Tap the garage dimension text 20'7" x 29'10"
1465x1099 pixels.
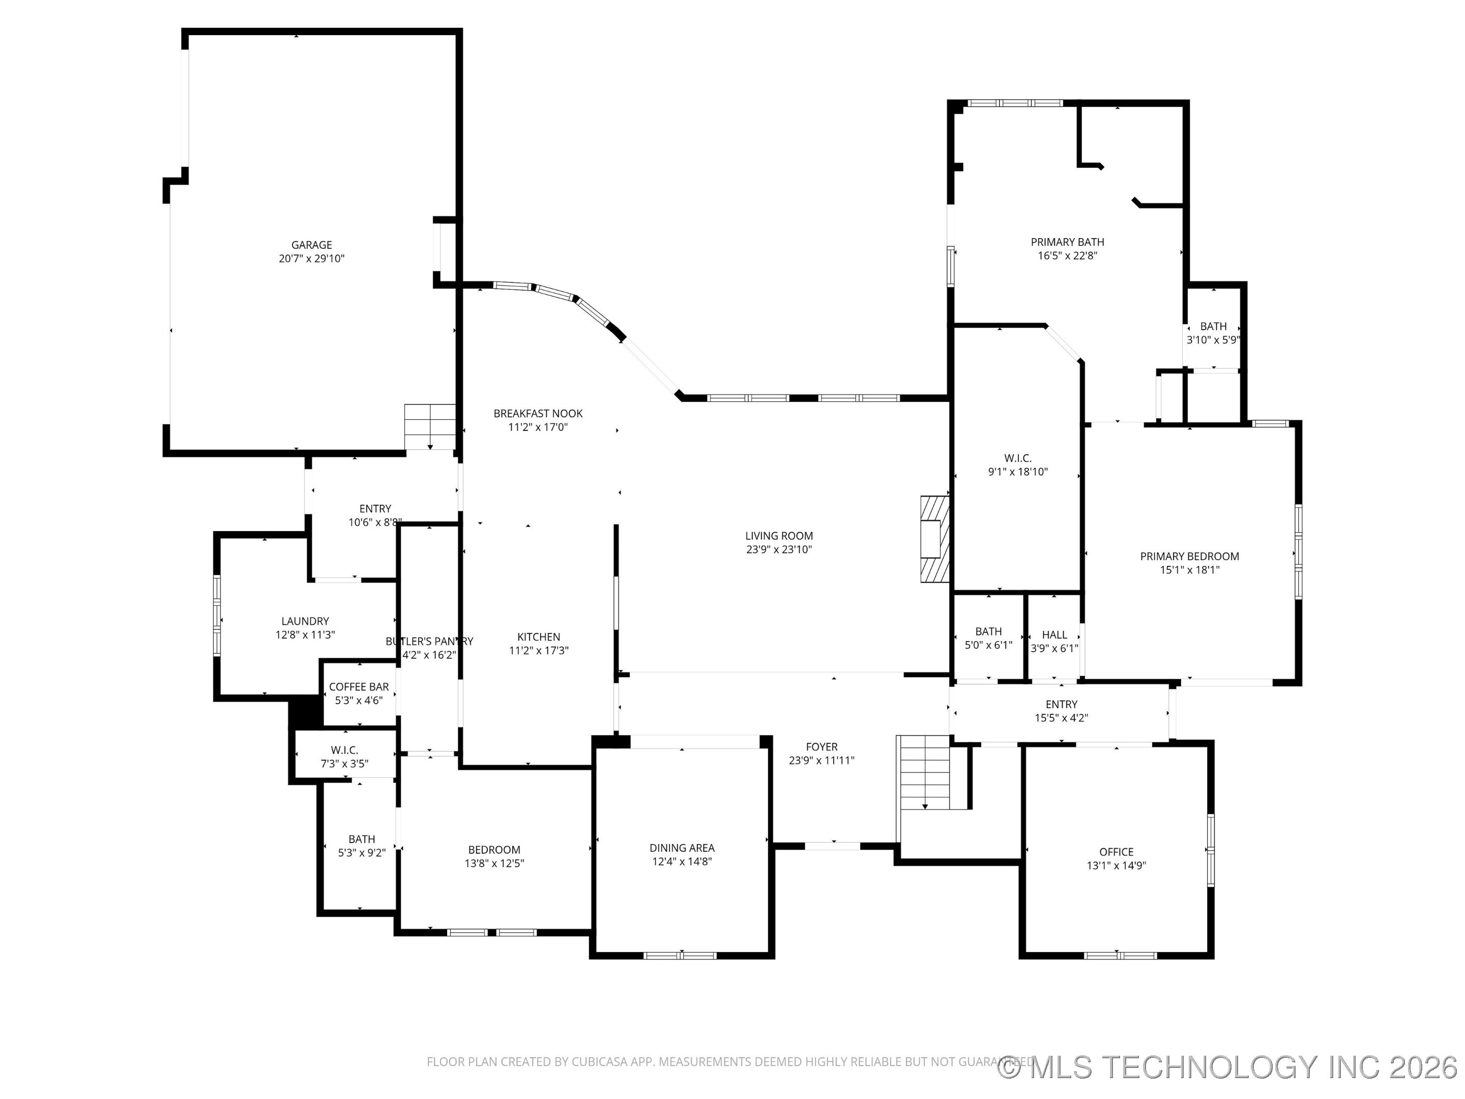(311, 259)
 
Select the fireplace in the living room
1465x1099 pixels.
(934, 539)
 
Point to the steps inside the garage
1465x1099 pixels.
(430, 426)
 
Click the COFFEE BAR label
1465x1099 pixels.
(359, 687)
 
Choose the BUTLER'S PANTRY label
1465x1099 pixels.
(429, 641)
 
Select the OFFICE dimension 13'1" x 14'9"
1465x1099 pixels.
(1116, 865)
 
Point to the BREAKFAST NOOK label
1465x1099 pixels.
(538, 413)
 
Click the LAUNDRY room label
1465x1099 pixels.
(305, 621)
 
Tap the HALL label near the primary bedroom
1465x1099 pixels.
(1054, 634)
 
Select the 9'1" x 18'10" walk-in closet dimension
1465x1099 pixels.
(1017, 472)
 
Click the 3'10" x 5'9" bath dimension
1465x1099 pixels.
(1213, 340)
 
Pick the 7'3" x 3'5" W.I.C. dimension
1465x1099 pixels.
(344, 764)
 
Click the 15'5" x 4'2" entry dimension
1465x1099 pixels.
(1061, 717)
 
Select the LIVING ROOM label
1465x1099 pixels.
(779, 536)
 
